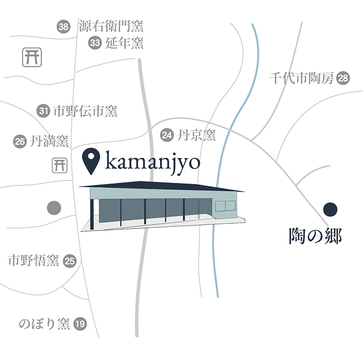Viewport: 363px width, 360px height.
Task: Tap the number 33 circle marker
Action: [x=94, y=43]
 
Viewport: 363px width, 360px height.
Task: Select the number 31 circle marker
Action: [x=44, y=110]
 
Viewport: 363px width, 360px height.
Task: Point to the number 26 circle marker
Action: [x=20, y=140]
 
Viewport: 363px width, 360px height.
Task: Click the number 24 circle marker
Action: [x=166, y=135]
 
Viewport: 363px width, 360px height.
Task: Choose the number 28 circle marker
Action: [x=342, y=78]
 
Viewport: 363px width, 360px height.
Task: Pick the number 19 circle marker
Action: [x=79, y=325]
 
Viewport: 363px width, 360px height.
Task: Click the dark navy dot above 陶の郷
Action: [x=330, y=210]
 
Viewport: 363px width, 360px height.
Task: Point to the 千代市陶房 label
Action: [x=301, y=79]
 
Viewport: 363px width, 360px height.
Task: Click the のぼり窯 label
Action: [x=44, y=325]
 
